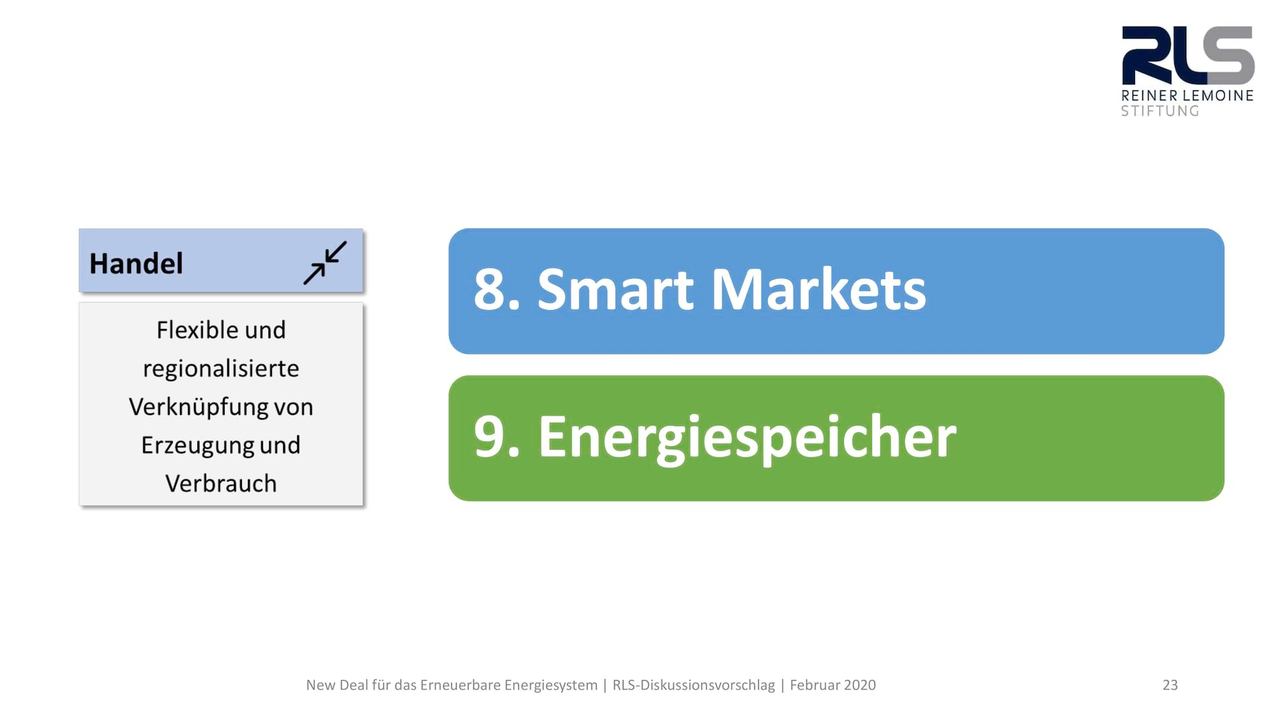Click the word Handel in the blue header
click(136, 263)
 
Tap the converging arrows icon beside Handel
click(325, 263)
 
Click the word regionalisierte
click(221, 369)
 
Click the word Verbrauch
click(221, 483)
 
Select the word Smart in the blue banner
click(615, 290)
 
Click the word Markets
click(819, 290)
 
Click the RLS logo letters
click(1188, 56)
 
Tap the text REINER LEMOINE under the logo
click(1188, 96)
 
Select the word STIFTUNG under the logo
click(1160, 111)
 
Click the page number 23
click(1170, 685)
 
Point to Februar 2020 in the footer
click(833, 685)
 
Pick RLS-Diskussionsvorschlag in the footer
click(694, 685)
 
